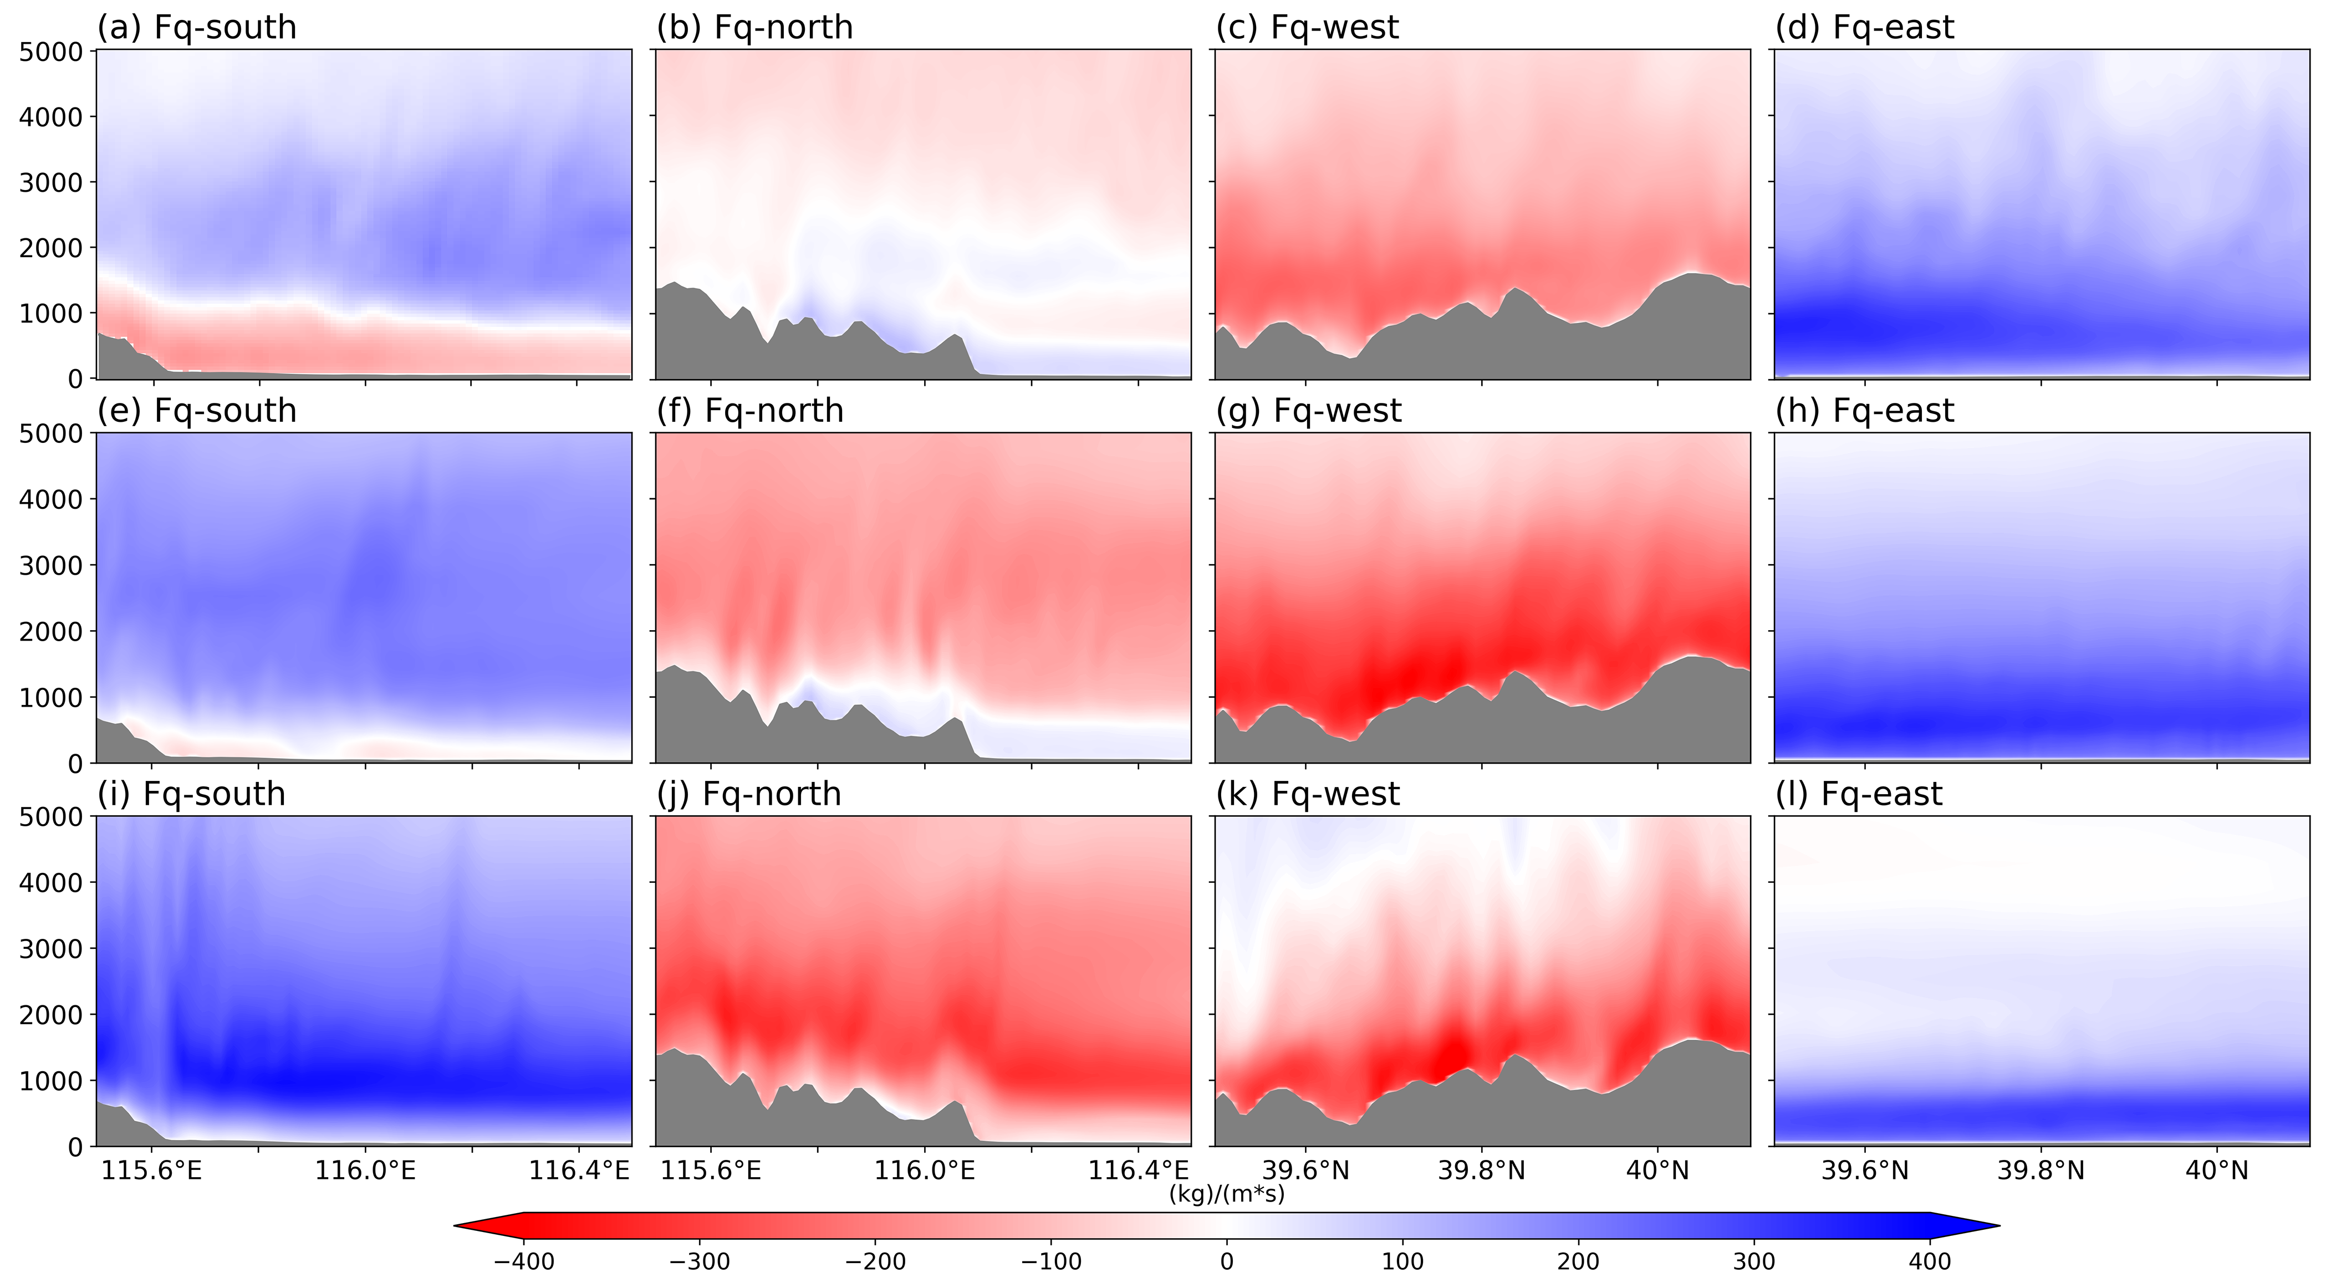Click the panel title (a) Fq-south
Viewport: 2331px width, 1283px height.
point(196,28)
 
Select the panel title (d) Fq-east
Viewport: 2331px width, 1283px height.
point(1864,28)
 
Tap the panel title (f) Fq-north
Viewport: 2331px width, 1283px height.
point(750,411)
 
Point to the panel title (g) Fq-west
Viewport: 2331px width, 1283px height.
point(1308,411)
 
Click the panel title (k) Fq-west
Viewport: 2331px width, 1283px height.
point(1308,794)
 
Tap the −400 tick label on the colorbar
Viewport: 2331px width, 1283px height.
point(523,1261)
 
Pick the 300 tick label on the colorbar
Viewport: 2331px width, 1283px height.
point(1754,1261)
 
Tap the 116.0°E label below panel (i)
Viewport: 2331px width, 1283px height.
point(365,1171)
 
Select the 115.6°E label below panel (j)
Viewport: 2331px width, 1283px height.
point(710,1171)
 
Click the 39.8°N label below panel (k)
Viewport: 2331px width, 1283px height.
point(1481,1171)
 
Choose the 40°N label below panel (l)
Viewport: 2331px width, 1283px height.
point(2217,1171)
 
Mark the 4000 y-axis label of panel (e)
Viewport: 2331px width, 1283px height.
point(50,499)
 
